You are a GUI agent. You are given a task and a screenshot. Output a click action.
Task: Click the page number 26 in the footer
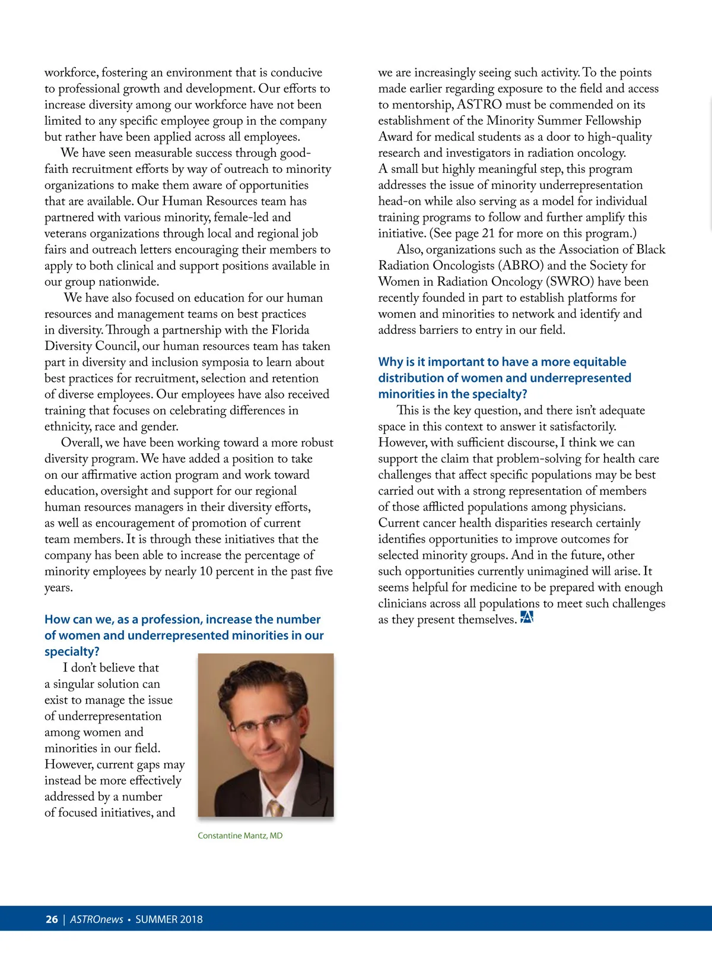52,919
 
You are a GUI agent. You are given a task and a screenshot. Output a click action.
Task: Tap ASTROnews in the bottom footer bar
96,919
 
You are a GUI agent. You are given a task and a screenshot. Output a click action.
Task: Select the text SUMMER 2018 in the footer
169,919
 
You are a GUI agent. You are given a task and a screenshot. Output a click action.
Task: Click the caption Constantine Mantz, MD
240,836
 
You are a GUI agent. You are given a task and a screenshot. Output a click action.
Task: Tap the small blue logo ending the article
526,618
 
